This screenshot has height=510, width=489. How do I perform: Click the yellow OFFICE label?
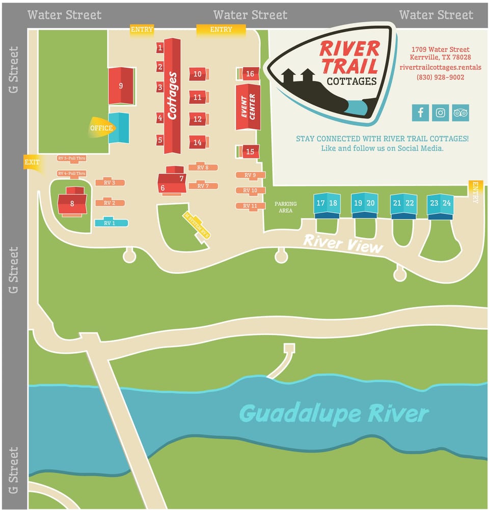click(101, 128)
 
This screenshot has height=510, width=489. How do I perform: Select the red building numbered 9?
click(121, 86)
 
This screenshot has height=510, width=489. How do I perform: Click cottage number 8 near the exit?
click(72, 203)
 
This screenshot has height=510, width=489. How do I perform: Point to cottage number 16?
click(250, 74)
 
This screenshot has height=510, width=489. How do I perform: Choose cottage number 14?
click(198, 143)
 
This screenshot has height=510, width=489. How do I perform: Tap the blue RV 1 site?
click(110, 223)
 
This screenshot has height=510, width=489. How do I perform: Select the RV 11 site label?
click(250, 206)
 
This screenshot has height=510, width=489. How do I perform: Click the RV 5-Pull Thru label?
click(72, 158)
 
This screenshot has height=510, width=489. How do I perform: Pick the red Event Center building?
click(248, 107)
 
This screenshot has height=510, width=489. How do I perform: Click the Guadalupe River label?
click(334, 413)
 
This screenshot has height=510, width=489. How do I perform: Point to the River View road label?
click(342, 243)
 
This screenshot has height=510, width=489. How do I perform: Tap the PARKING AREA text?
click(286, 207)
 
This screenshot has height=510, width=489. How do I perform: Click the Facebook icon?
click(420, 112)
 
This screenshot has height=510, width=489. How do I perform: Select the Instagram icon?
click(441, 112)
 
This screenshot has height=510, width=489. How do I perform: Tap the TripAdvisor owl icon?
click(460, 112)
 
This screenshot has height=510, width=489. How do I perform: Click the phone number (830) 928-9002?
click(441, 77)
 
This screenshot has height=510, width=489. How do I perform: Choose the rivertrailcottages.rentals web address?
click(441, 67)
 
